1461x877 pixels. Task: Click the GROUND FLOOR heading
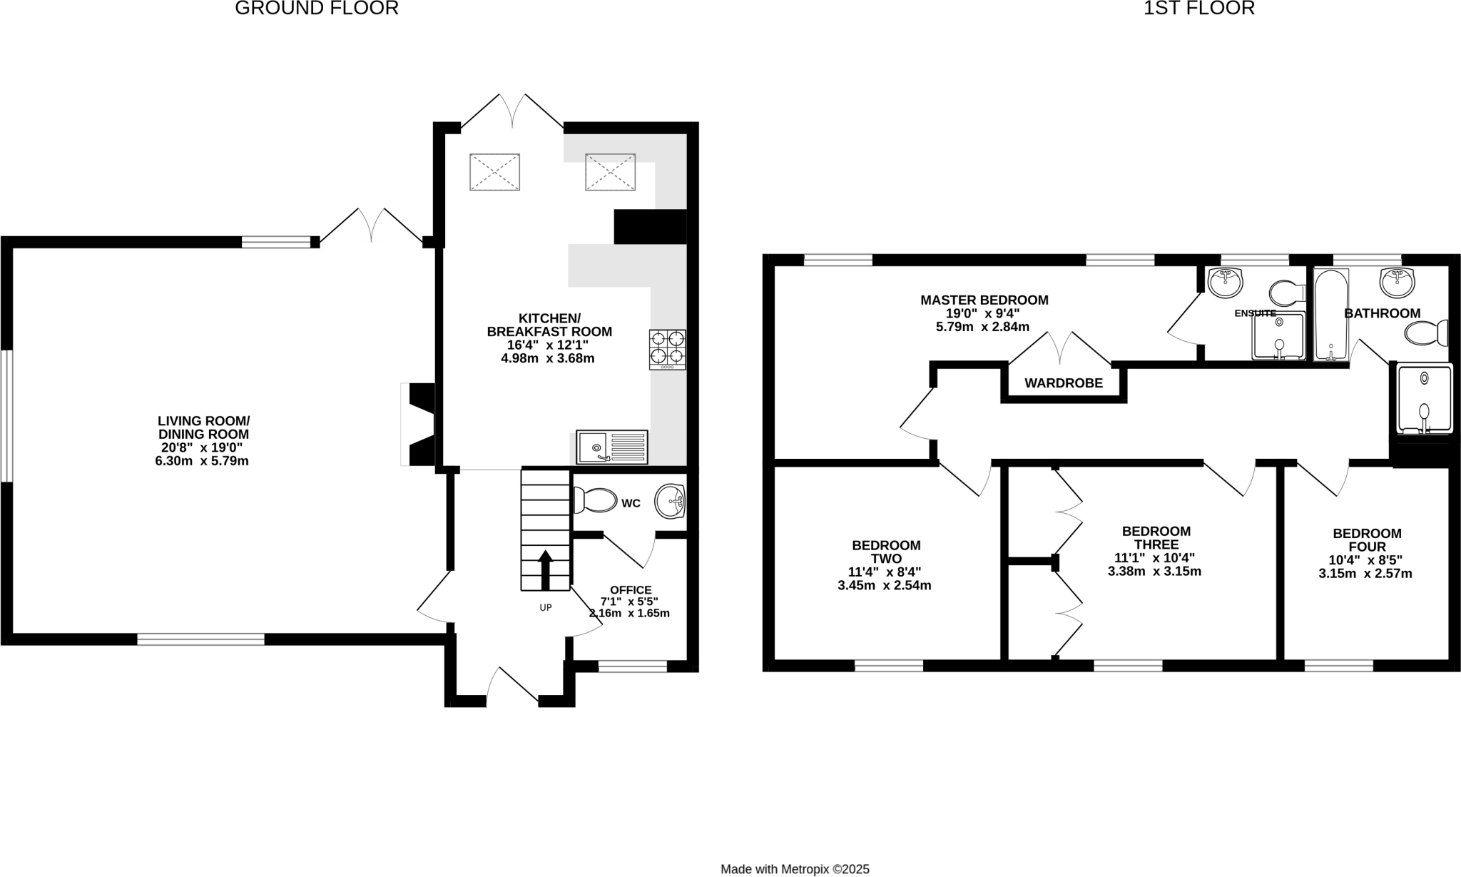pyautogui.click(x=316, y=9)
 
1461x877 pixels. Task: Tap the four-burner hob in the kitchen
pyautogui.click(x=667, y=349)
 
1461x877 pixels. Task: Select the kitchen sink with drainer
pyautogui.click(x=611, y=447)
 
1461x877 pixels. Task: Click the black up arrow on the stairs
pyautogui.click(x=545, y=569)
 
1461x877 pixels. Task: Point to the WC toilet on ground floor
pyautogui.click(x=595, y=500)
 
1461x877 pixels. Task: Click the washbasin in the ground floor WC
pyautogui.click(x=671, y=500)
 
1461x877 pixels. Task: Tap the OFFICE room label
pyautogui.click(x=630, y=590)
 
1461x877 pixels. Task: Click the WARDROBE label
pyautogui.click(x=1063, y=383)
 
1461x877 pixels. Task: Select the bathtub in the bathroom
pyautogui.click(x=1330, y=315)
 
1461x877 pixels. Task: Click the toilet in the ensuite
pyautogui.click(x=1288, y=293)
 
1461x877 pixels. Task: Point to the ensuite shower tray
pyautogui.click(x=1278, y=336)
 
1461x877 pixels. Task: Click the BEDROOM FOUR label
pyautogui.click(x=1367, y=540)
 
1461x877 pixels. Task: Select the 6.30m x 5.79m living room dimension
pyautogui.click(x=202, y=461)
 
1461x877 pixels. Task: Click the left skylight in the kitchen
pyautogui.click(x=494, y=172)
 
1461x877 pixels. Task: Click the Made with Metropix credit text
pyautogui.click(x=795, y=869)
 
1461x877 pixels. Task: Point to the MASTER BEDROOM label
pyautogui.click(x=984, y=300)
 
